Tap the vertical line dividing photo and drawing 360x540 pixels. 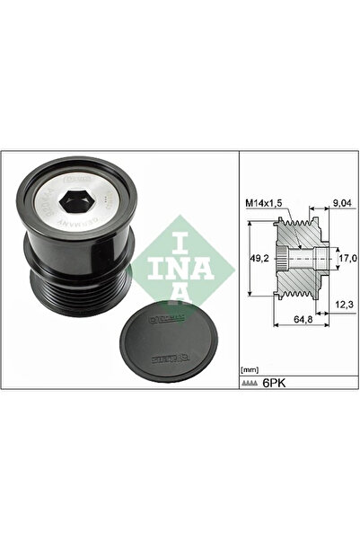pos(238,270)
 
